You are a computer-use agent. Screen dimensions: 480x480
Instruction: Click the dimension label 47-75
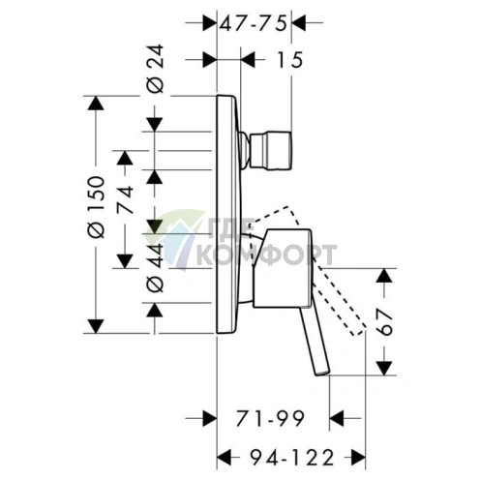(x=254, y=23)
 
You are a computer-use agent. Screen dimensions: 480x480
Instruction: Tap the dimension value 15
(x=289, y=60)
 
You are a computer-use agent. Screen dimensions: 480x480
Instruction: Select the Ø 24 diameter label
(x=156, y=69)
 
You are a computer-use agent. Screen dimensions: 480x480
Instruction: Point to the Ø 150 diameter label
(x=96, y=207)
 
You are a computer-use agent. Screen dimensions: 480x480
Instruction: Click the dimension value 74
(x=125, y=199)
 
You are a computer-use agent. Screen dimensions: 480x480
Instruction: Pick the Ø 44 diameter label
(x=156, y=268)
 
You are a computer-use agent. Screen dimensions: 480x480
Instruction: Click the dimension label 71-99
(x=270, y=418)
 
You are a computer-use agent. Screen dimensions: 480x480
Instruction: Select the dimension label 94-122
(x=292, y=458)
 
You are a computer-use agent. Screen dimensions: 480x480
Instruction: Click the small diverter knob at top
(x=270, y=150)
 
